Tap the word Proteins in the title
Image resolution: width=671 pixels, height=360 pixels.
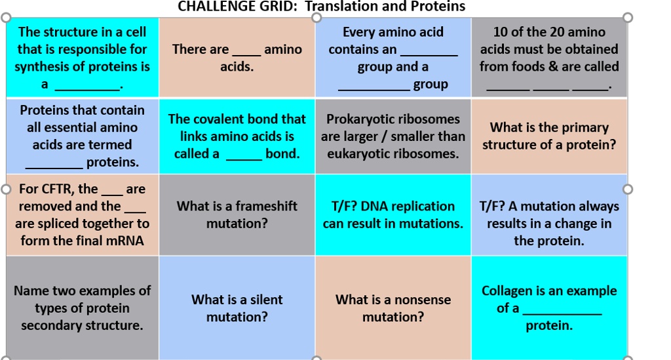(438, 7)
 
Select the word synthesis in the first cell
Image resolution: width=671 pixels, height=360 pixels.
(41, 66)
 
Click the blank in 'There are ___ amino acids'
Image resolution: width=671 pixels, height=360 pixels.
(246, 50)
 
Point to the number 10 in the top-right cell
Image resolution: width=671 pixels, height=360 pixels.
(501, 32)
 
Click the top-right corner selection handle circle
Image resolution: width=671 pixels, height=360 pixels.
(628, 17)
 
